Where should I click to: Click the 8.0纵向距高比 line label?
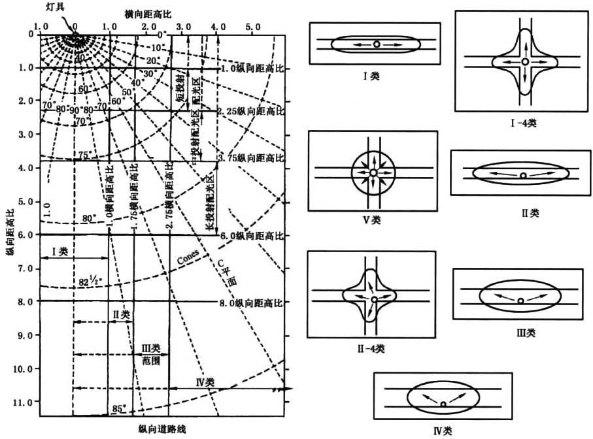254,302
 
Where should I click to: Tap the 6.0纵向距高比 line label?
254,235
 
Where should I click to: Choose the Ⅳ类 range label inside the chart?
205,382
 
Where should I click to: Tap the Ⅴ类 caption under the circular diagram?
371,219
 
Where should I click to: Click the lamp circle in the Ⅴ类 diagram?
372,172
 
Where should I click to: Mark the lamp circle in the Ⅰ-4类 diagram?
525,61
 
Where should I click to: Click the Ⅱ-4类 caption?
371,348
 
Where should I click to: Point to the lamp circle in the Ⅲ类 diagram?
520,301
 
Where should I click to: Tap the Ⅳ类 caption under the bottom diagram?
443,431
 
